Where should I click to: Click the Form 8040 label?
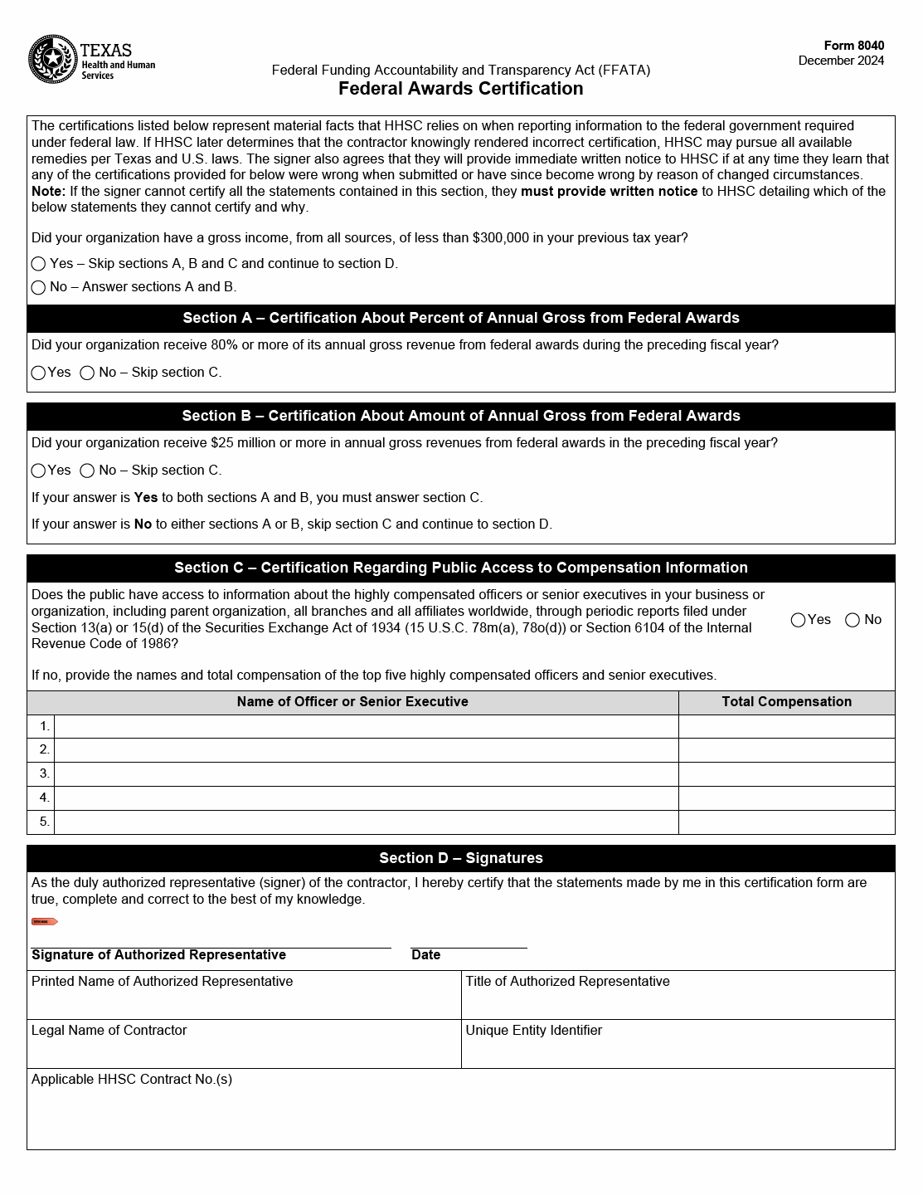click(853, 46)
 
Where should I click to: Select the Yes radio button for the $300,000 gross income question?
click(38, 264)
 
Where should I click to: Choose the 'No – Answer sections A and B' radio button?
click(38, 287)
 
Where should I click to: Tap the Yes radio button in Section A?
click(38, 373)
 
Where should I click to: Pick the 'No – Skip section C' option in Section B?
click(87, 471)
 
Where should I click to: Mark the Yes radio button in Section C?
click(798, 620)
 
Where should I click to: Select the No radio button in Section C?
click(852, 620)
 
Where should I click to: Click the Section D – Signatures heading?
click(460, 858)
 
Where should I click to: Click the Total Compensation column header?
click(786, 702)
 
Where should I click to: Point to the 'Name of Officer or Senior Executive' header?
click(352, 702)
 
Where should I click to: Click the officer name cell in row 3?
click(366, 774)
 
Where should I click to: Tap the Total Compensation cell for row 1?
click(786, 726)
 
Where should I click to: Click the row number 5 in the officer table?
click(44, 822)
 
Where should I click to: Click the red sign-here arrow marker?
click(44, 921)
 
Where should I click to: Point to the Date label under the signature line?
click(425, 955)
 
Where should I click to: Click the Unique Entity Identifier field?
click(678, 1050)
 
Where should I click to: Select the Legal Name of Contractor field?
click(244, 1050)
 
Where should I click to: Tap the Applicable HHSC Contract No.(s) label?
click(132, 1080)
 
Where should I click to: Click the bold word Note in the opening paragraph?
click(48, 192)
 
